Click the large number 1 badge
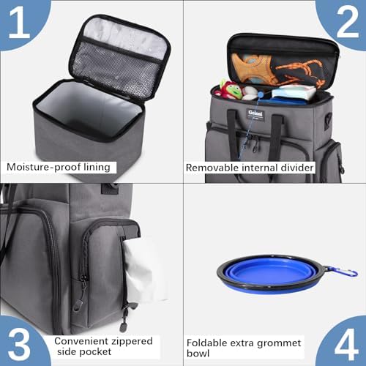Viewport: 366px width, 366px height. point(20,23)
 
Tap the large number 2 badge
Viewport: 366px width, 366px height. point(346,23)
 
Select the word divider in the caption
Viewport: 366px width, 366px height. point(297,168)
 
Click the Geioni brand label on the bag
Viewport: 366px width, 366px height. point(255,114)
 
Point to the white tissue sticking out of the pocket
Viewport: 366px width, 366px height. point(144,271)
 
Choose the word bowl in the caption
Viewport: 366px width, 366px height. point(198,354)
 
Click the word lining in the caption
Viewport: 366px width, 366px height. point(97,168)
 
